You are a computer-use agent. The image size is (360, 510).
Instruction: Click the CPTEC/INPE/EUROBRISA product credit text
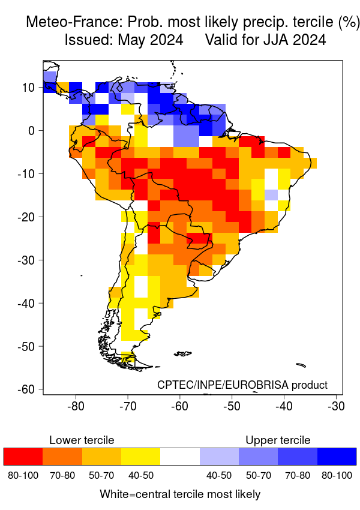(x=242, y=385)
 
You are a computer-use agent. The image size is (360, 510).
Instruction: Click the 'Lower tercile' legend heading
(x=82, y=440)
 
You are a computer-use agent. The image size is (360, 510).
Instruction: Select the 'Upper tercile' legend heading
(x=278, y=440)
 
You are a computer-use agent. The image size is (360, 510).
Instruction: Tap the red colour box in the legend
(x=23, y=457)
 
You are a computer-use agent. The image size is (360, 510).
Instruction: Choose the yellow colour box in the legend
(x=140, y=457)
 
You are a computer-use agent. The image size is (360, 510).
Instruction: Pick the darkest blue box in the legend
(x=337, y=457)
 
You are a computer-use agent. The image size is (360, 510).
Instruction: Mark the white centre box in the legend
(x=180, y=457)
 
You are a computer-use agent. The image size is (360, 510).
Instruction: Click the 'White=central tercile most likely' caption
(x=180, y=494)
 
